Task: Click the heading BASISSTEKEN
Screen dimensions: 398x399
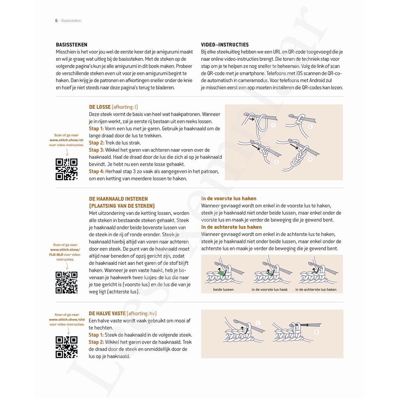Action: click(71, 44)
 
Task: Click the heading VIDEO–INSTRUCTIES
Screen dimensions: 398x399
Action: click(225, 44)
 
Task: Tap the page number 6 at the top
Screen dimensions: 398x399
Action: click(56, 21)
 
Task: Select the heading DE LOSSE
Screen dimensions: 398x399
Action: click(100, 107)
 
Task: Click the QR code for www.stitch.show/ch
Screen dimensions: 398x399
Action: click(66, 169)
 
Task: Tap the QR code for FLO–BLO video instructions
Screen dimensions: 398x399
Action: click(66, 282)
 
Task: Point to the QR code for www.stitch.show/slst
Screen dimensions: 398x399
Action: click(66, 347)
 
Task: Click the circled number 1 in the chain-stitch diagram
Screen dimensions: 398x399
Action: click(273, 125)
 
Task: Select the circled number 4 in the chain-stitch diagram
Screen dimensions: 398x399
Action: click(311, 160)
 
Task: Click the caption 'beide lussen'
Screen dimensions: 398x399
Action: click(223, 289)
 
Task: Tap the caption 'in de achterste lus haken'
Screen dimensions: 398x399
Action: click(316, 289)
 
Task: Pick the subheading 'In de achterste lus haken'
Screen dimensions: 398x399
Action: click(231, 227)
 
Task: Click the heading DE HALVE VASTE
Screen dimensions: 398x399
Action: click(107, 313)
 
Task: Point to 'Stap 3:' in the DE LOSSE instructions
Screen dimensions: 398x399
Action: click(96, 150)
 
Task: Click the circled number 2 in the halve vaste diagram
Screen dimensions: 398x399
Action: click(316, 332)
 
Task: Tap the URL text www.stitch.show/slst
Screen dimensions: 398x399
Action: click(67, 320)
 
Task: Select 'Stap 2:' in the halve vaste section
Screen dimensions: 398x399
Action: click(96, 342)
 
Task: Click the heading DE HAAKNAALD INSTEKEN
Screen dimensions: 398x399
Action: click(118, 199)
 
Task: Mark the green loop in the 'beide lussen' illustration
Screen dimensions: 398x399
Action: click(220, 273)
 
